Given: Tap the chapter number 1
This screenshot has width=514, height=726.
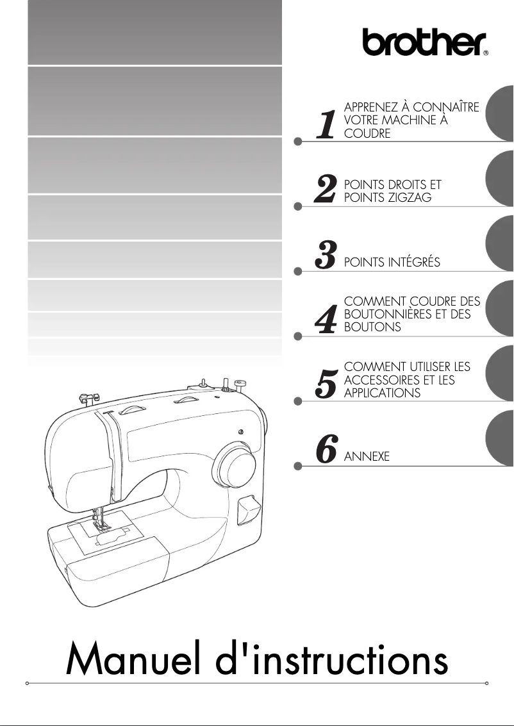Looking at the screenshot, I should click(327, 124).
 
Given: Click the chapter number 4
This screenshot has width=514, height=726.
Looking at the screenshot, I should click(327, 320).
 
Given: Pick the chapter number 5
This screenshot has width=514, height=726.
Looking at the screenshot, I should click(327, 384).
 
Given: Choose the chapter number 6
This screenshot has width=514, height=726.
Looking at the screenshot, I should click(327, 450).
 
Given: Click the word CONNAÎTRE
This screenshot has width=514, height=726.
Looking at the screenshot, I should click(446, 107).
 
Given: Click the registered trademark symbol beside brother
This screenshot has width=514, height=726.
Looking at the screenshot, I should click(485, 54).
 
